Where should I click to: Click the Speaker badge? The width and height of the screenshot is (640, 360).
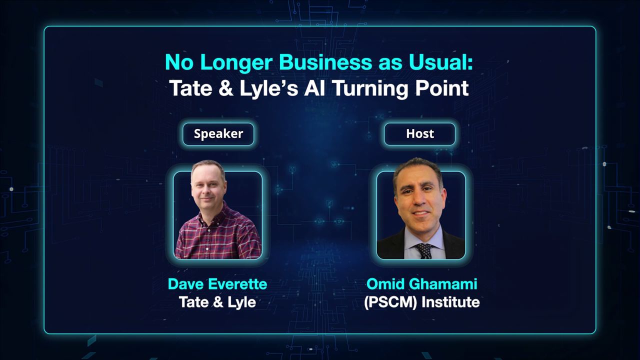(218, 134)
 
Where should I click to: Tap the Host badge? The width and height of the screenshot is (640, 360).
(419, 134)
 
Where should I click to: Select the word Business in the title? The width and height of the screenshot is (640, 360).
(325, 62)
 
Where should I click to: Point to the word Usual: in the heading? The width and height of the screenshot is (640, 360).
(441, 62)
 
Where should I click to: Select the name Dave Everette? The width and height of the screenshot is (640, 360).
(217, 284)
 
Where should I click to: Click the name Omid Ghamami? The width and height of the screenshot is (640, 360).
(421, 284)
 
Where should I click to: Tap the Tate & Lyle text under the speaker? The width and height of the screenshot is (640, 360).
(217, 302)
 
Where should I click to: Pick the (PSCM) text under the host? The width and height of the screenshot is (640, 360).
(390, 302)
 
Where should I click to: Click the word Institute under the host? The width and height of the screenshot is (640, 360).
(450, 302)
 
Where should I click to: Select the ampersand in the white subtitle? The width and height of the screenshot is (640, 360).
(225, 88)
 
